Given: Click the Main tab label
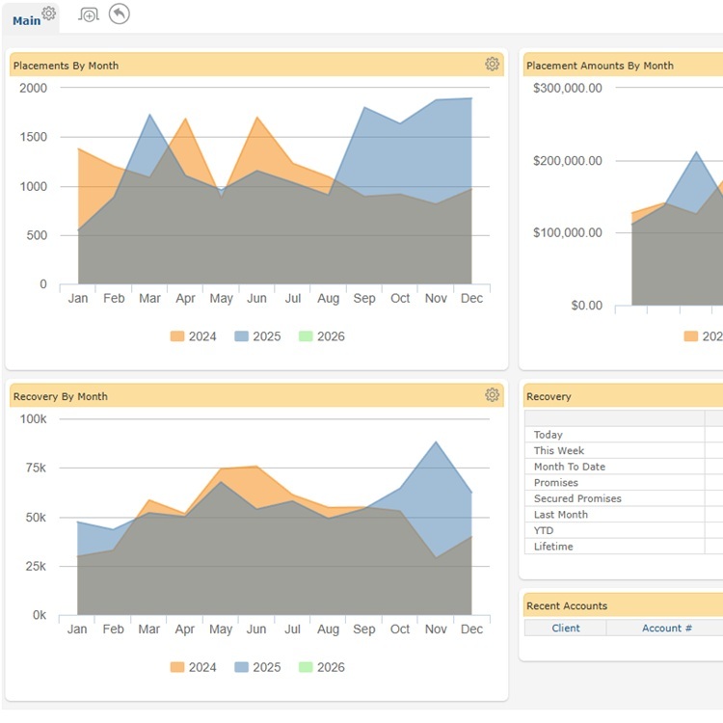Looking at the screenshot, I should point(27,19).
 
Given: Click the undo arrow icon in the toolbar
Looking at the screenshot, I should point(119,13).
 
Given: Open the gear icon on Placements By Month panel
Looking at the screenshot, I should point(492,65).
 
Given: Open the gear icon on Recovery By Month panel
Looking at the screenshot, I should point(492,395).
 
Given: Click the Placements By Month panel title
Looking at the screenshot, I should point(66,66).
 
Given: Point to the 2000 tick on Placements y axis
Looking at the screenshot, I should point(33,88).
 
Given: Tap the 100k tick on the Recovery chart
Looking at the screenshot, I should point(33,418).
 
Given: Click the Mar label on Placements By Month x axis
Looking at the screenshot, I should point(149,299).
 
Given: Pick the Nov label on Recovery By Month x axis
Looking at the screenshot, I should point(436,629).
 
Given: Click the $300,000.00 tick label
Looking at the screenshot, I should point(567,88).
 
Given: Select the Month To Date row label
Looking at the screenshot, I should point(570,467).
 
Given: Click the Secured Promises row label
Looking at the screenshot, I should point(577,498).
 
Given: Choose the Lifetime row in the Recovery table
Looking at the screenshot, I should point(553,547).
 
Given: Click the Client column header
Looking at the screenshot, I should point(566,628).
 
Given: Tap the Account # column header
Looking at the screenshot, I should point(667,628).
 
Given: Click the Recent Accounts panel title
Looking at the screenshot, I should point(566,605).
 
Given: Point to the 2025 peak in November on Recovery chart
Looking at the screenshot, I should point(436,442).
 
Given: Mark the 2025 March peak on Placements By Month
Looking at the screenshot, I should point(149,115).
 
